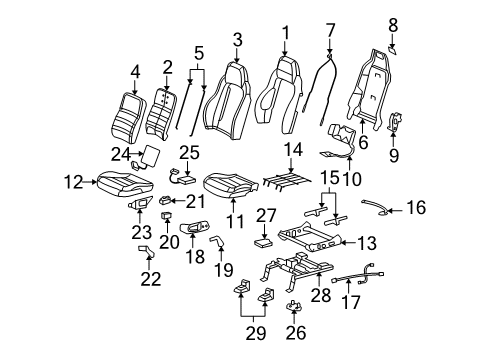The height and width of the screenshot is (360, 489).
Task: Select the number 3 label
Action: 237,39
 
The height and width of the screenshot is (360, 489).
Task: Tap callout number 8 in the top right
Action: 393,21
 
